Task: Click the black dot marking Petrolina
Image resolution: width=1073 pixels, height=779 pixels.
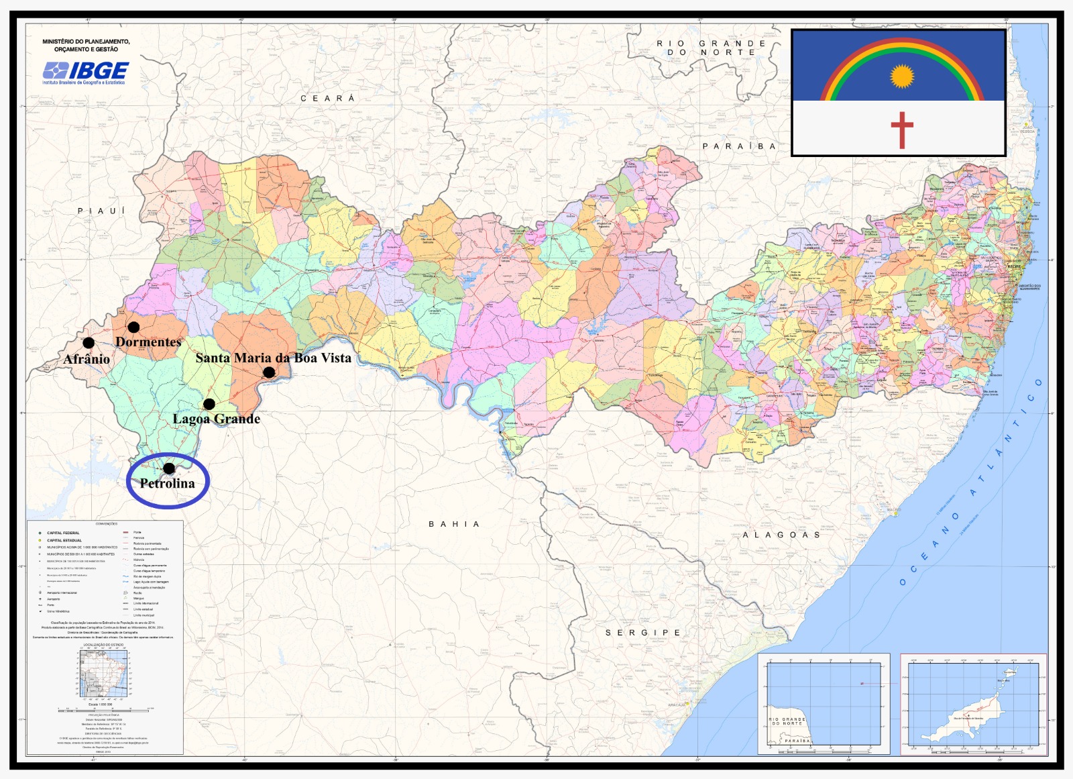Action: coord(169,468)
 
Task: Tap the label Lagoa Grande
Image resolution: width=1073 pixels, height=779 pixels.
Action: coord(217,419)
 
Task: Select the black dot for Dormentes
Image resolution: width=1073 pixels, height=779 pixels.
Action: coord(133,327)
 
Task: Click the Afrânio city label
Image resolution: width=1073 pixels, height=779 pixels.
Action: coord(87,360)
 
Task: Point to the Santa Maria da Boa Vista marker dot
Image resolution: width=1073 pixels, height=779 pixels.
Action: coord(269,372)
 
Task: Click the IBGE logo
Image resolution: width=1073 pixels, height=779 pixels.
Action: coord(86,72)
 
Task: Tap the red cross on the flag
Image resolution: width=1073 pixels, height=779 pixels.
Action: coord(902,129)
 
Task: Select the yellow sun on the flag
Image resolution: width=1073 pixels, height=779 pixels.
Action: coord(902,76)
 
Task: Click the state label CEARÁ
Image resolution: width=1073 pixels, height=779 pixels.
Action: coord(327,99)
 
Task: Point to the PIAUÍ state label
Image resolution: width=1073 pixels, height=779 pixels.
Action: coord(101,211)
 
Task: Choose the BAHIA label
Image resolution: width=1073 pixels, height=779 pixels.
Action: coord(454,524)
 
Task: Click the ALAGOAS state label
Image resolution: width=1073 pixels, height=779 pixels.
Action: coord(781,535)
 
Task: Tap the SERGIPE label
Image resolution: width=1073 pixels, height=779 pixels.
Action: coord(643,633)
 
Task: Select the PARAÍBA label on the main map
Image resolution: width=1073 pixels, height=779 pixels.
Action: coord(739,146)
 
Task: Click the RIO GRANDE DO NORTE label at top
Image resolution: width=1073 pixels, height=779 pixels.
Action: coord(711,48)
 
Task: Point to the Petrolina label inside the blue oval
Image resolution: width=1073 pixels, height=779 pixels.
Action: coord(167,484)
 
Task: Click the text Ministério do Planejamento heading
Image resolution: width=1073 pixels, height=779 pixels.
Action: coord(86,45)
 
